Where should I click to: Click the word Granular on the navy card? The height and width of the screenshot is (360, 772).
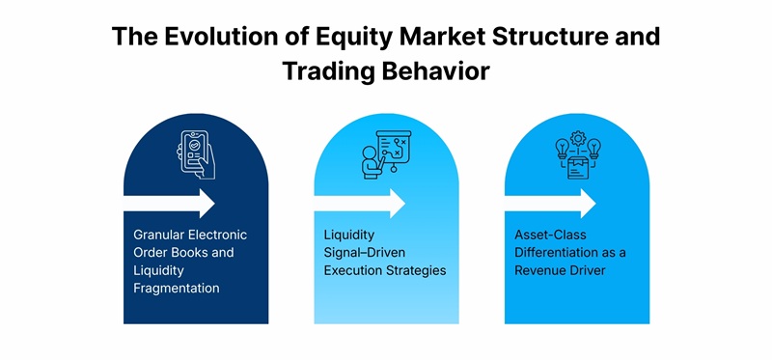tap(162, 235)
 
